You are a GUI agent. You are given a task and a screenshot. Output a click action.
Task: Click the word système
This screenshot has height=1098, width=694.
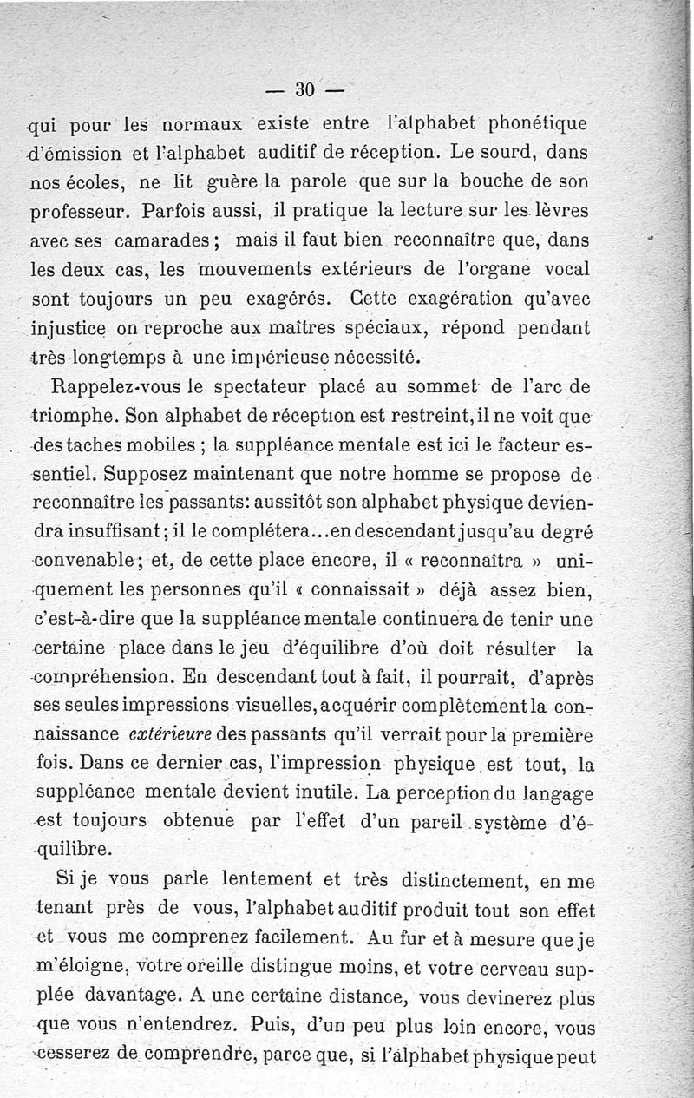click(x=515, y=822)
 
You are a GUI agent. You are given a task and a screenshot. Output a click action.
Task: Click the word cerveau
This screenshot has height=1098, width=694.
click(x=504, y=970)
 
